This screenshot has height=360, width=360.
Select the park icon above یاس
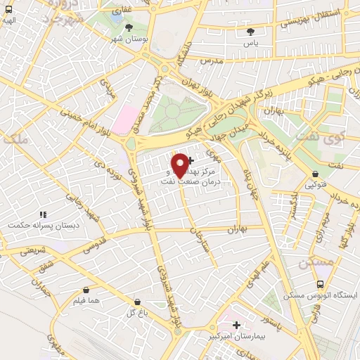click(x=251, y=32)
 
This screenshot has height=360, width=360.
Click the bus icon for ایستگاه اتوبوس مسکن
click(x=321, y=285)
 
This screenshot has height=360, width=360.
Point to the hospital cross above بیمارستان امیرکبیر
click(x=237, y=326)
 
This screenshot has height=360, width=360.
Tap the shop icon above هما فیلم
click(x=86, y=290)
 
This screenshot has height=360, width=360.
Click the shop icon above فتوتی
click(x=314, y=174)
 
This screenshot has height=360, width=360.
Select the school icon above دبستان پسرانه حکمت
click(x=43, y=214)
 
